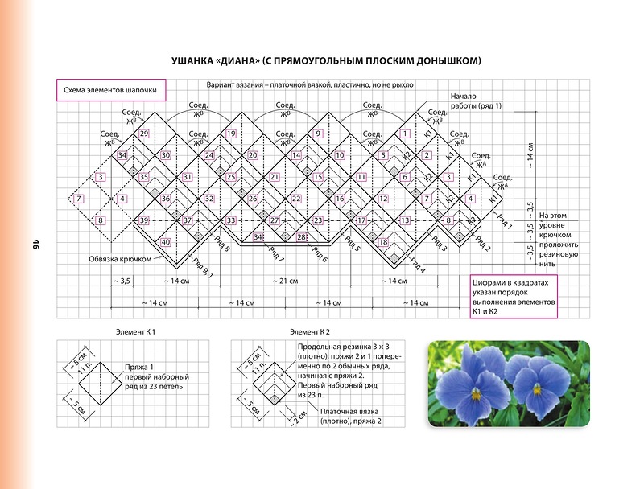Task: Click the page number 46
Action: click(36, 245)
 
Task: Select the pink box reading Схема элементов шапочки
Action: click(110, 91)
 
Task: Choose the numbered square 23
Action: click(318, 220)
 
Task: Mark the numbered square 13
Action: click(405, 220)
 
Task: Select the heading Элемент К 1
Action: click(135, 331)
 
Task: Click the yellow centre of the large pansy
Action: click(476, 394)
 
